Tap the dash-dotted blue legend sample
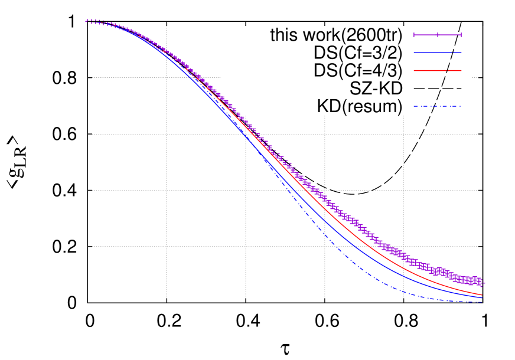click(437, 107)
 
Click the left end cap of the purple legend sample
click(413, 35)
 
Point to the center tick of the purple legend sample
click(437, 35)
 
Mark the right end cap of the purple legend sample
click(461, 35)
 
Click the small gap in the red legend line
click(448, 70)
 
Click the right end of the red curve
click(481, 294)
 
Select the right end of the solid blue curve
click(481, 298)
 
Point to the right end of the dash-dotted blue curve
click(481, 302)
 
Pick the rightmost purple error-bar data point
click(482, 283)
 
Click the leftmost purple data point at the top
click(87, 21)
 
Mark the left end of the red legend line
click(414, 70)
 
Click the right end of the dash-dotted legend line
click(460, 107)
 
